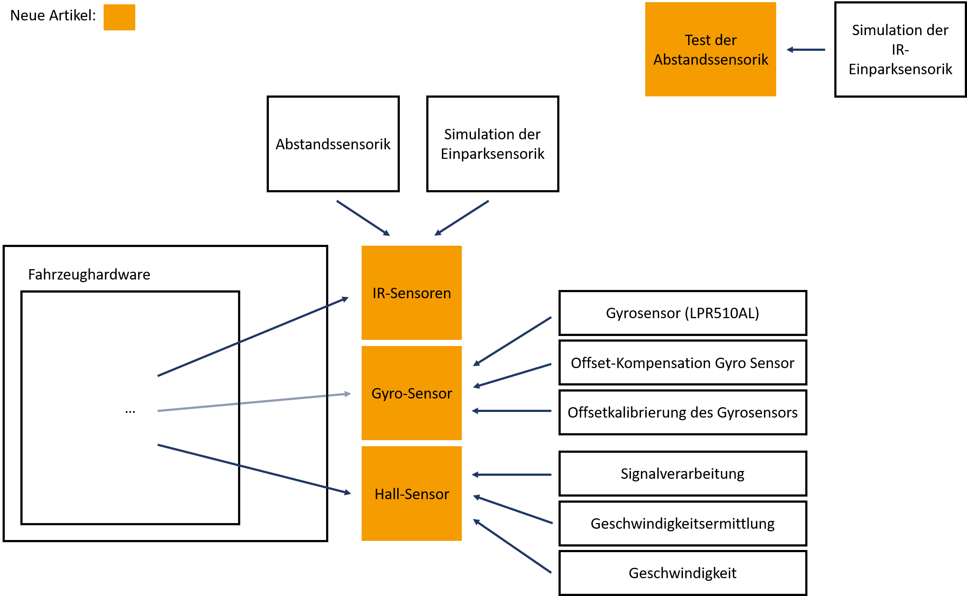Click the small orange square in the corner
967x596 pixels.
(x=119, y=17)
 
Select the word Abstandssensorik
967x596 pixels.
(x=711, y=59)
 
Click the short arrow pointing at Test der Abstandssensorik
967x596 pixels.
(x=806, y=50)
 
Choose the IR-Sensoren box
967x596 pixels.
(x=412, y=293)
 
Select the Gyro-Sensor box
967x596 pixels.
(x=412, y=393)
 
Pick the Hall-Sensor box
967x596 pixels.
(x=412, y=494)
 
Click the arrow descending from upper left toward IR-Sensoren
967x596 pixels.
(x=363, y=218)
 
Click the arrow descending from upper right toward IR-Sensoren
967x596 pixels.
(x=462, y=218)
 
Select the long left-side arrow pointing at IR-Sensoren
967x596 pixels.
(x=253, y=337)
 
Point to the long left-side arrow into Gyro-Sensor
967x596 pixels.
(x=254, y=402)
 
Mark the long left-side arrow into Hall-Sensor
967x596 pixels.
(x=254, y=469)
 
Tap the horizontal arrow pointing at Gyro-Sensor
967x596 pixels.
(x=512, y=411)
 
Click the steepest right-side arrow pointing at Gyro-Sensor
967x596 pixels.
(x=512, y=342)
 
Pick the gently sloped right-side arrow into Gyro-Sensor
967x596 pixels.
(x=512, y=375)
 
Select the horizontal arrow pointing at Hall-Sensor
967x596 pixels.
(x=512, y=475)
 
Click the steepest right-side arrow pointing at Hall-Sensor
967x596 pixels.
(x=512, y=546)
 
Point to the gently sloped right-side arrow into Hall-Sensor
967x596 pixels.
(x=513, y=510)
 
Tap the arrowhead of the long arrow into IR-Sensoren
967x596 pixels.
(x=346, y=299)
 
